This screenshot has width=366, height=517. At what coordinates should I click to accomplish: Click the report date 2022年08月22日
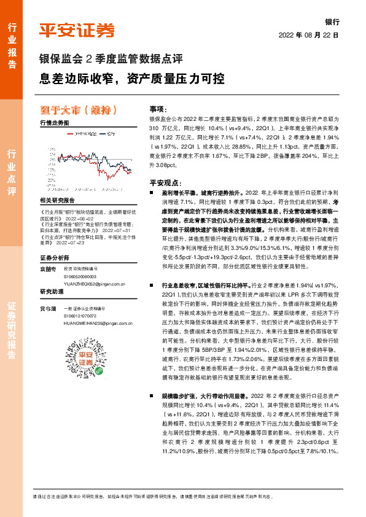pyautogui.click(x=309, y=36)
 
